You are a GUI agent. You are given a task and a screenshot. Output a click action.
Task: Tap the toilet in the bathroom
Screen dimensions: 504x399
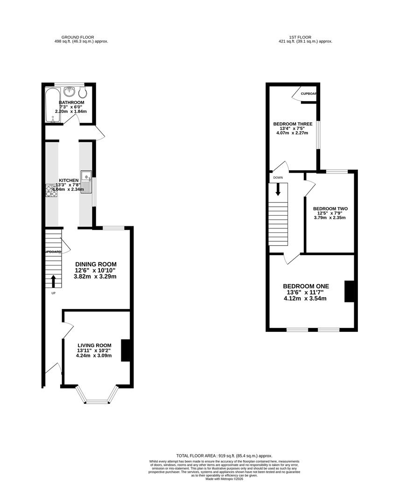[82, 90]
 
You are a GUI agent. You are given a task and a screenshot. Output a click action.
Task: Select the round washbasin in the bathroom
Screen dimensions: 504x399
[70, 90]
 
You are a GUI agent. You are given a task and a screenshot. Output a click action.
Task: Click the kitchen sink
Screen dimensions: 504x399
[87, 182]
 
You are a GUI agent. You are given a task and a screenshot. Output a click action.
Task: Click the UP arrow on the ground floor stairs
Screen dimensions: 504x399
[53, 281]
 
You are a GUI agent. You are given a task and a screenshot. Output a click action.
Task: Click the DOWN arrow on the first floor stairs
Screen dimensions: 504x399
[278, 189]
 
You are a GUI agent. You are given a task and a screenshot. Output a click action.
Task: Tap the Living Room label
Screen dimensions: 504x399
[95, 345]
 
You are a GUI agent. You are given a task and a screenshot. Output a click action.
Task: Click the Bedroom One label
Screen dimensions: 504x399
[306, 286]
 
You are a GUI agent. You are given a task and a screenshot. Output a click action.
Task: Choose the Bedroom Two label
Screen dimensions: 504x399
[330, 209]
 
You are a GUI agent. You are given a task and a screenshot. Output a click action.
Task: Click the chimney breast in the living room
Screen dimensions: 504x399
[125, 350]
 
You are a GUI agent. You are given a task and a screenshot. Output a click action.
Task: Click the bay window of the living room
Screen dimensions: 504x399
[97, 400]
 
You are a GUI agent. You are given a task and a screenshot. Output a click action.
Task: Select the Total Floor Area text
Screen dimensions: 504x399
[224, 455]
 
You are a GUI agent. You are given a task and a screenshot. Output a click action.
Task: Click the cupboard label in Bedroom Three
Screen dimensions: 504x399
[308, 94]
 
